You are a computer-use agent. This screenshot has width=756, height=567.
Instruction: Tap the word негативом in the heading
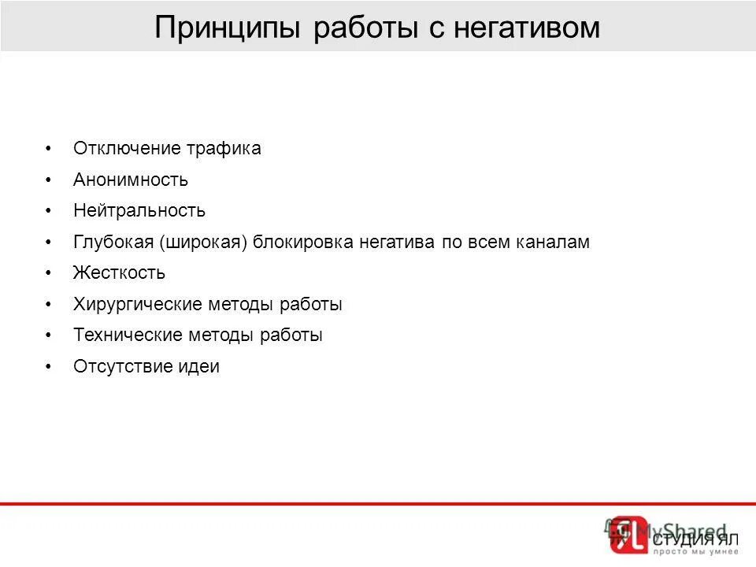tap(529, 28)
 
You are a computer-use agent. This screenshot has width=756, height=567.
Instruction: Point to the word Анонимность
tap(131, 180)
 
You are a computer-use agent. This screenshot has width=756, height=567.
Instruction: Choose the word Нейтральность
tap(139, 211)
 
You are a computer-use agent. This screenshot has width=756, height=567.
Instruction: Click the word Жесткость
tap(119, 273)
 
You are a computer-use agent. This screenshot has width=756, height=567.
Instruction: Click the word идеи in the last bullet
tap(201, 367)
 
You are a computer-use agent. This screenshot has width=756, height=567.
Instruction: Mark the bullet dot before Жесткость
tap(49, 273)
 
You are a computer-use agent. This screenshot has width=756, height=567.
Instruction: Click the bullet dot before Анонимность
tap(49, 180)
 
